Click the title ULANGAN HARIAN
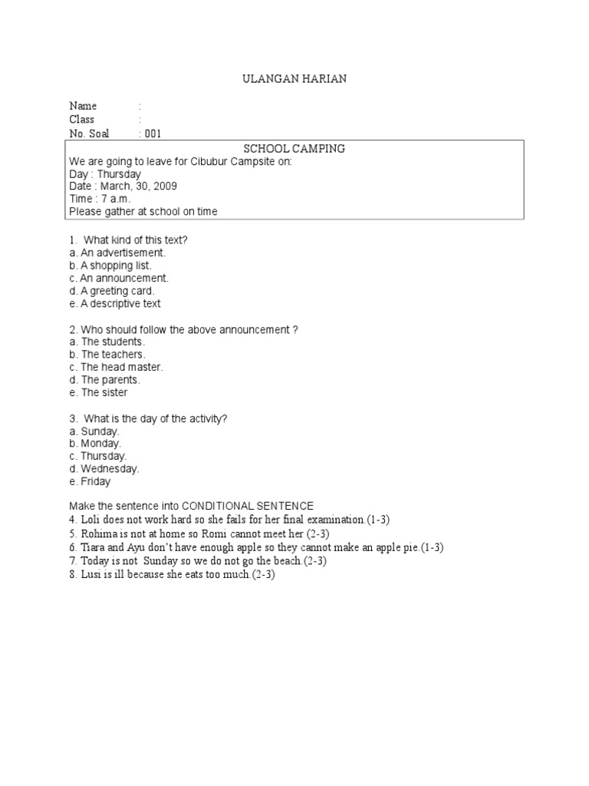[x=294, y=79]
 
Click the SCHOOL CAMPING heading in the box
[x=294, y=148]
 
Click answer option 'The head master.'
[x=122, y=367]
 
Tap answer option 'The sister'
[x=104, y=392]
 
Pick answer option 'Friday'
[x=96, y=481]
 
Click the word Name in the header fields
[x=83, y=106]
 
